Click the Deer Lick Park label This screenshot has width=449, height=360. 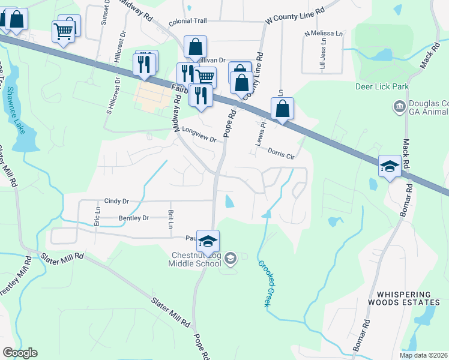pos(382,87)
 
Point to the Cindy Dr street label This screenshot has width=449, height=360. pos(116,201)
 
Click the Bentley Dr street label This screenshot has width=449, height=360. pos(133,218)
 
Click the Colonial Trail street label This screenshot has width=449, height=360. pos(187,21)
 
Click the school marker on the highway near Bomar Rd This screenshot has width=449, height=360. pos(390,166)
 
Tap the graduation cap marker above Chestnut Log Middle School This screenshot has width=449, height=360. pos(208,241)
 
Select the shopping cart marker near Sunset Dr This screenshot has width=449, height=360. pos(64,31)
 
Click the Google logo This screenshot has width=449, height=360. pos(20,353)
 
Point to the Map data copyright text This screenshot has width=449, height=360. pos(424,355)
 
